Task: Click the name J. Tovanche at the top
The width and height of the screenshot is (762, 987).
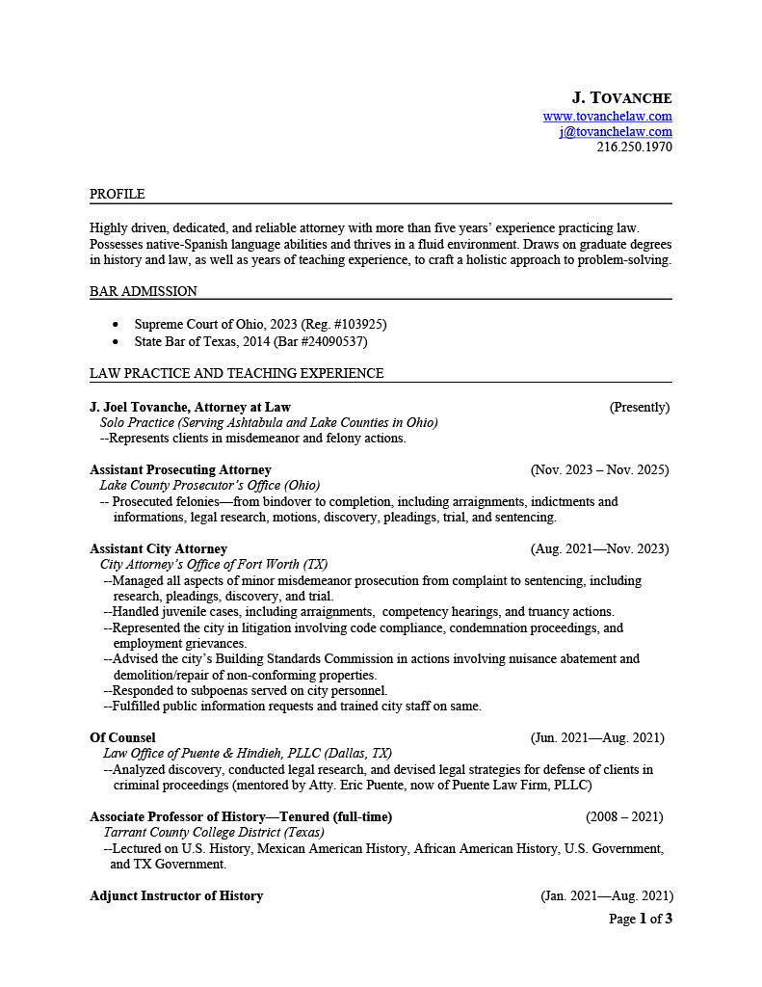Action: [621, 98]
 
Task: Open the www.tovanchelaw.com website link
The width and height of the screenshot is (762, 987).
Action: [607, 117]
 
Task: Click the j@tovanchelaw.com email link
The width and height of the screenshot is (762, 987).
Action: [616, 132]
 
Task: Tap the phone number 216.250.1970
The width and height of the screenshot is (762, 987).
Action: [634, 147]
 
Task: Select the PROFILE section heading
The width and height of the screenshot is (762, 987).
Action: [118, 195]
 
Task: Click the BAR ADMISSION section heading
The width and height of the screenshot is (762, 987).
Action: [144, 291]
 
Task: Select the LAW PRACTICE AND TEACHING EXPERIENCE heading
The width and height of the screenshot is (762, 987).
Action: [236, 373]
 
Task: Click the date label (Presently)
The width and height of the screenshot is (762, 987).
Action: [639, 408]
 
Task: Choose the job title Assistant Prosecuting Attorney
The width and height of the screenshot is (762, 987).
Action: [180, 470]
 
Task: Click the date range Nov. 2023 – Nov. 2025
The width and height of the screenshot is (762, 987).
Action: [599, 470]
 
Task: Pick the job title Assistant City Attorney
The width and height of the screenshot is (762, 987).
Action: [158, 549]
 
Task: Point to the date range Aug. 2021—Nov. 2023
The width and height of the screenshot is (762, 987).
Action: [599, 549]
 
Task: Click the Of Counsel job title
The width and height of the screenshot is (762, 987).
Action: [122, 738]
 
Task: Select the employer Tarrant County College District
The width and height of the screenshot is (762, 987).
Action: [213, 833]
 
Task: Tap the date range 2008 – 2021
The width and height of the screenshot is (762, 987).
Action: [624, 817]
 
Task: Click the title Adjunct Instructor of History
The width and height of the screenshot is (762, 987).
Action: [176, 896]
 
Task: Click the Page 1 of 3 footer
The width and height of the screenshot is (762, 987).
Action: [641, 920]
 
